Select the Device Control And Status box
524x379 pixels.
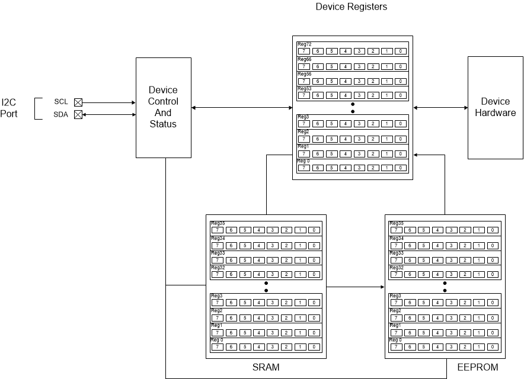click(163, 107)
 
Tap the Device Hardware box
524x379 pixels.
click(495, 107)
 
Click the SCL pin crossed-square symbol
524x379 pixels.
click(78, 102)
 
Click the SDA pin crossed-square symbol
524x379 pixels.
click(78, 115)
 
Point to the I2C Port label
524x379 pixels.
click(9, 108)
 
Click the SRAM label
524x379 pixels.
click(266, 368)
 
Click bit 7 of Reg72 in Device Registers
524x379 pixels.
click(303, 52)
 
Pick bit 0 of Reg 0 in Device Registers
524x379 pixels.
click(401, 168)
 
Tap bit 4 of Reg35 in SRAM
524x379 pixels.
click(258, 230)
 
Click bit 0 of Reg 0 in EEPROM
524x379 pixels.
click(493, 347)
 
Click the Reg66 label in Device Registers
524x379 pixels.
click(304, 59)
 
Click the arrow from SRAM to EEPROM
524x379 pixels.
click(356, 287)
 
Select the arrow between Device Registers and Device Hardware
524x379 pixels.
click(440, 107)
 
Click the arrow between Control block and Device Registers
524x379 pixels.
click(242, 107)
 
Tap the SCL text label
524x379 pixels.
click(61, 102)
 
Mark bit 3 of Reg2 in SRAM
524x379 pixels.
click(272, 318)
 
